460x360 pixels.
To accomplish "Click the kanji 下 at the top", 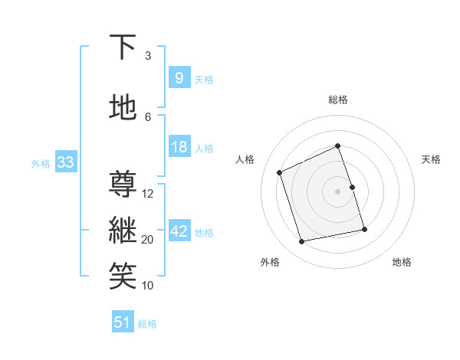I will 123,48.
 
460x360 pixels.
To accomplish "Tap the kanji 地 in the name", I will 123,108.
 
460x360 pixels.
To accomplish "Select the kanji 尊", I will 123,185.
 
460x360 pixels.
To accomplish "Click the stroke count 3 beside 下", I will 148,56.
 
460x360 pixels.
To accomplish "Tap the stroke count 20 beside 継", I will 148,240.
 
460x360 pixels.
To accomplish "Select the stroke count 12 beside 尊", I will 148,194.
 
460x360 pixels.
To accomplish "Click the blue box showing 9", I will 179,78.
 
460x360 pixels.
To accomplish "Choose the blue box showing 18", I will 179,147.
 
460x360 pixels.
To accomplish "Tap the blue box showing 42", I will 179,231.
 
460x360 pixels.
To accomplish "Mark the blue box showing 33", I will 64,162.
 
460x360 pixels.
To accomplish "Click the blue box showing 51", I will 122,322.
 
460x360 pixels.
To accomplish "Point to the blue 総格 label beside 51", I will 147,324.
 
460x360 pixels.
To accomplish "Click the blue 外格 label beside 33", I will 41,164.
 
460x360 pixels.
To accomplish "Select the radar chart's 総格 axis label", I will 337,100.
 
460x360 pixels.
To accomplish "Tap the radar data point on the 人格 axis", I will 280,172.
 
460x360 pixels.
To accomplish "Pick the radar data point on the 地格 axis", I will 364,229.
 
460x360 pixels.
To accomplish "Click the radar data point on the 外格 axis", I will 302,242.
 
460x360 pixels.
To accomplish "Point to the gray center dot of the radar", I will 337,191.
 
